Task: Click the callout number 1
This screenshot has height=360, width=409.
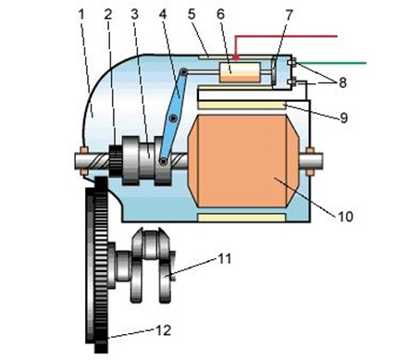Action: click(81, 14)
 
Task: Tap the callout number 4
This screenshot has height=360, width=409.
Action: click(163, 14)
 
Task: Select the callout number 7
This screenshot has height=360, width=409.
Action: click(289, 15)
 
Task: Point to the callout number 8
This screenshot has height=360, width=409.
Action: click(342, 82)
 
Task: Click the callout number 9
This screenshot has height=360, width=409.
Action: click(344, 118)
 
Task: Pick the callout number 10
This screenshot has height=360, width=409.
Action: click(346, 217)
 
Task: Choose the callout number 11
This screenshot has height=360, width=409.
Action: click(225, 258)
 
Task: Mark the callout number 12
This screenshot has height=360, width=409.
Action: click(163, 330)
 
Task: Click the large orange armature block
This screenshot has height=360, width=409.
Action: click(243, 160)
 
